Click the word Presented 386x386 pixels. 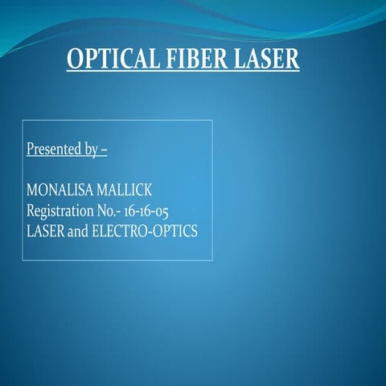click(55, 150)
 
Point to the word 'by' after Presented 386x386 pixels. click(93, 150)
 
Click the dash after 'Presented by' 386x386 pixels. click(105, 150)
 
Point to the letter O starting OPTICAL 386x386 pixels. click(75, 60)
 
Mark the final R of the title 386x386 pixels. click(293, 60)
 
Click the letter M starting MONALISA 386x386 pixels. click(32, 191)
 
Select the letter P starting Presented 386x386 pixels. click(31, 150)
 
